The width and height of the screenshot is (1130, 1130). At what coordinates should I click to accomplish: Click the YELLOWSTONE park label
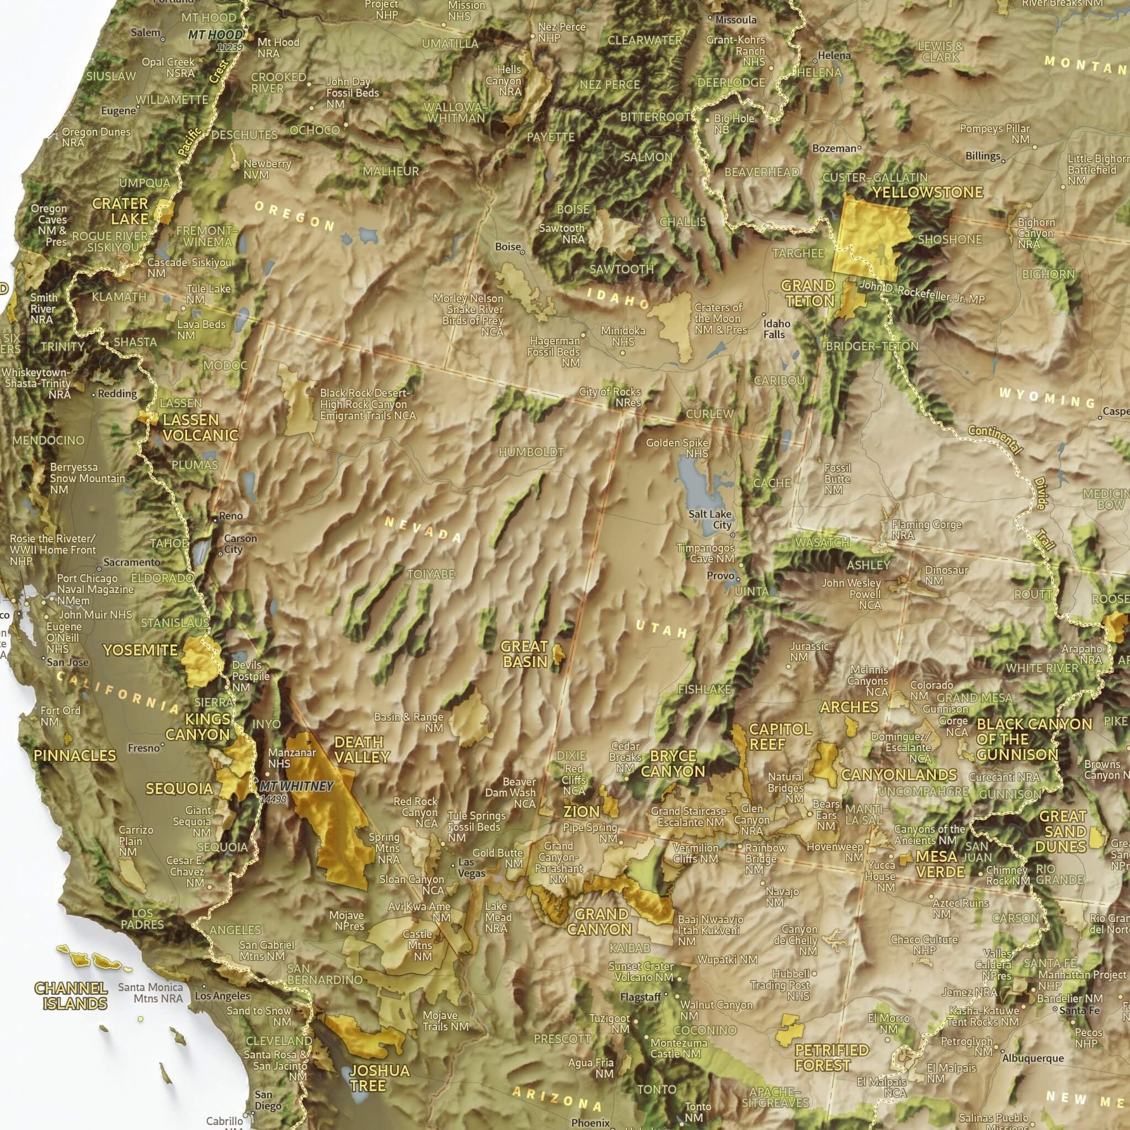pos(928,193)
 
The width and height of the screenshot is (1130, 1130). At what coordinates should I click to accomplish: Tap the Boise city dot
pos(523,252)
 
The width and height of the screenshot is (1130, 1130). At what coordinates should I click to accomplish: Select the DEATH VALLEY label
pos(361,749)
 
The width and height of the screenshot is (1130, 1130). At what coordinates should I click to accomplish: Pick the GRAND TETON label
pos(808,293)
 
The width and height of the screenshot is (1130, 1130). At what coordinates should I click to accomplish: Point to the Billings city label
pos(983,156)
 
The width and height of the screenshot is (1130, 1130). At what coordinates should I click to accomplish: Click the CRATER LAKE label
pos(120,211)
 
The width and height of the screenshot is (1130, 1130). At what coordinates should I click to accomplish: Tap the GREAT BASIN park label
pos(524,654)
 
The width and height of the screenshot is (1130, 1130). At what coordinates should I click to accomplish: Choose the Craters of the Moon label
pos(719,318)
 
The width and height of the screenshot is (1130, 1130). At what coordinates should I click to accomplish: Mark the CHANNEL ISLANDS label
pos(71,996)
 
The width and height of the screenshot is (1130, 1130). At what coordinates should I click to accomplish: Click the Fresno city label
pos(143,748)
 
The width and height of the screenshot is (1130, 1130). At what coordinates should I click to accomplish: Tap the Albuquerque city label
pos(1032,1058)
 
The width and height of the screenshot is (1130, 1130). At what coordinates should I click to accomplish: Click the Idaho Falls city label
pos(776,329)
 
